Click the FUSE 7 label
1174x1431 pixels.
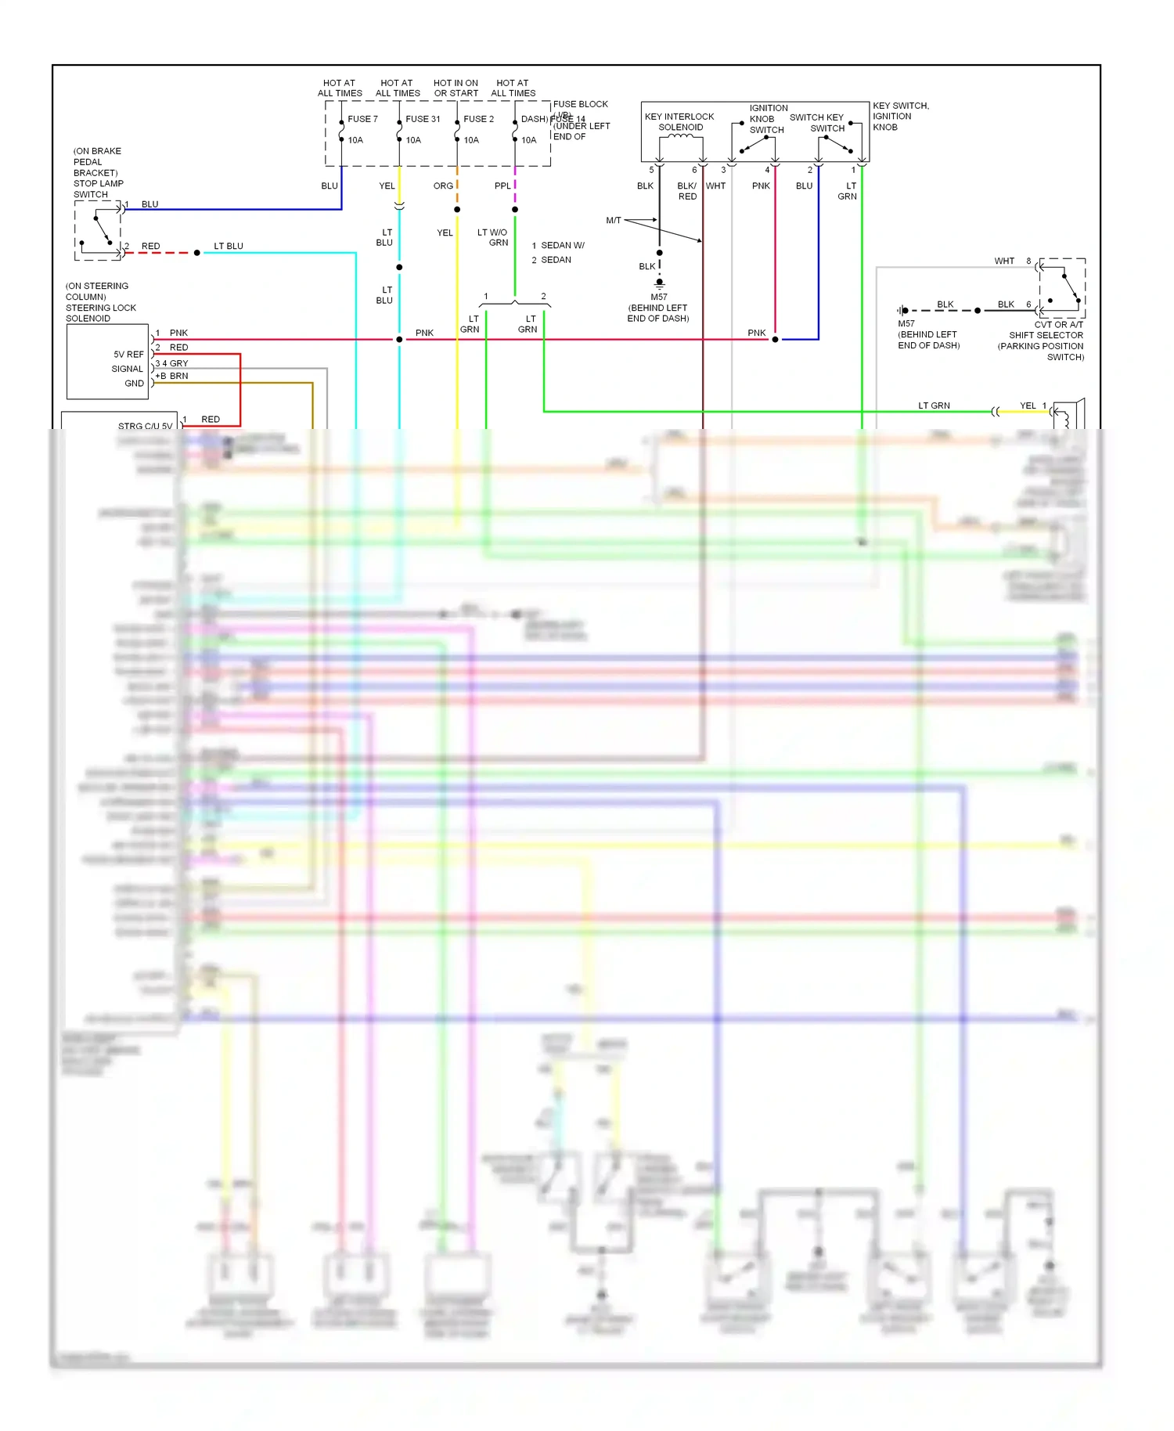(362, 119)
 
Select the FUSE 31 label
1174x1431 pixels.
(423, 119)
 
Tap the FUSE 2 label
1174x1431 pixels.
(478, 119)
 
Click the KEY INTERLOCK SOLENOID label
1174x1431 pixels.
(679, 121)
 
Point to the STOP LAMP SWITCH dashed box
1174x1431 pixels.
(98, 230)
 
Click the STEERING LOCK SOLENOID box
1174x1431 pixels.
(107, 362)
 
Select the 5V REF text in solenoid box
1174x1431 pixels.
(128, 355)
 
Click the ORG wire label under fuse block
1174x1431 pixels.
(443, 186)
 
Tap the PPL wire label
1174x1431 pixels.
(502, 186)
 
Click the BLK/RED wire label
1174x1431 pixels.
(687, 191)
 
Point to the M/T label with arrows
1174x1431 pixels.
(614, 221)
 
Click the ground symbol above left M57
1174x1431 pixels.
(660, 283)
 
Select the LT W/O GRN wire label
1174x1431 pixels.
(493, 237)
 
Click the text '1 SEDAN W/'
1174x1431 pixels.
(558, 245)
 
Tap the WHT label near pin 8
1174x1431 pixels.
(1004, 261)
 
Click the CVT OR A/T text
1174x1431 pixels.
(1058, 324)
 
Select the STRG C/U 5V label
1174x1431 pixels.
(145, 426)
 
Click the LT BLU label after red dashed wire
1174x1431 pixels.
(229, 246)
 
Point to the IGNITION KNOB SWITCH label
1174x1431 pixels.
(767, 119)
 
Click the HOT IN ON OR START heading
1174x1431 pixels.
(456, 88)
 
